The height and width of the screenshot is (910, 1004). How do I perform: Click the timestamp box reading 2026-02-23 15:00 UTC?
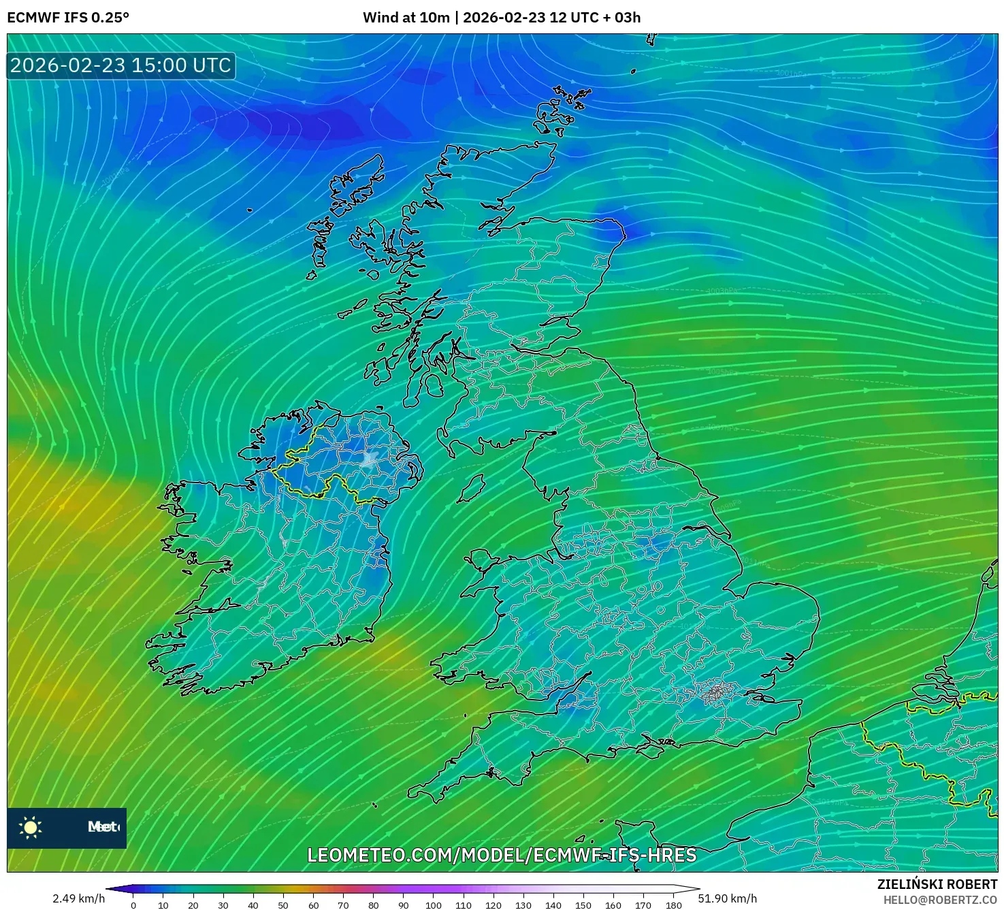click(120, 65)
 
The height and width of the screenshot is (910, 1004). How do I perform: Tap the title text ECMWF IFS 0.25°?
click(68, 18)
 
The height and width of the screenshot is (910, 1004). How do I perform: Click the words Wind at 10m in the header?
click(406, 18)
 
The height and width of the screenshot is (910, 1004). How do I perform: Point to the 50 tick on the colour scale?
click(283, 905)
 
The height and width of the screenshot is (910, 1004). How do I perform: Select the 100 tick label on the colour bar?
click(434, 905)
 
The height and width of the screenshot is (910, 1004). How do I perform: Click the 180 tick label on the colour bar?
click(673, 905)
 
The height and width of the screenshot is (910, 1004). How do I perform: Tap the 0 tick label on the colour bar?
click(133, 905)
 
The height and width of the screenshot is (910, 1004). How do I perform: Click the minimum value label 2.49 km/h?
click(78, 898)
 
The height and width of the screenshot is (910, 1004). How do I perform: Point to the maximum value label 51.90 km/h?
click(728, 898)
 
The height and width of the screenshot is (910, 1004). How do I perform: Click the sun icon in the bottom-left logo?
click(31, 827)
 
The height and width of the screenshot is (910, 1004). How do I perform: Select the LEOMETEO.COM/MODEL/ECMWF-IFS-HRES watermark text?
click(502, 855)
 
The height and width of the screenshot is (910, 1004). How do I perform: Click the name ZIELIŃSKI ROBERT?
click(937, 884)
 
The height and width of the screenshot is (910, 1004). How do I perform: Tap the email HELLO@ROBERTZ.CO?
click(940, 900)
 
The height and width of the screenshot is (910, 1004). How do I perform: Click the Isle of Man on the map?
click(470, 489)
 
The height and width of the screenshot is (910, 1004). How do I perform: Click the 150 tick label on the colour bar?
click(583, 905)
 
